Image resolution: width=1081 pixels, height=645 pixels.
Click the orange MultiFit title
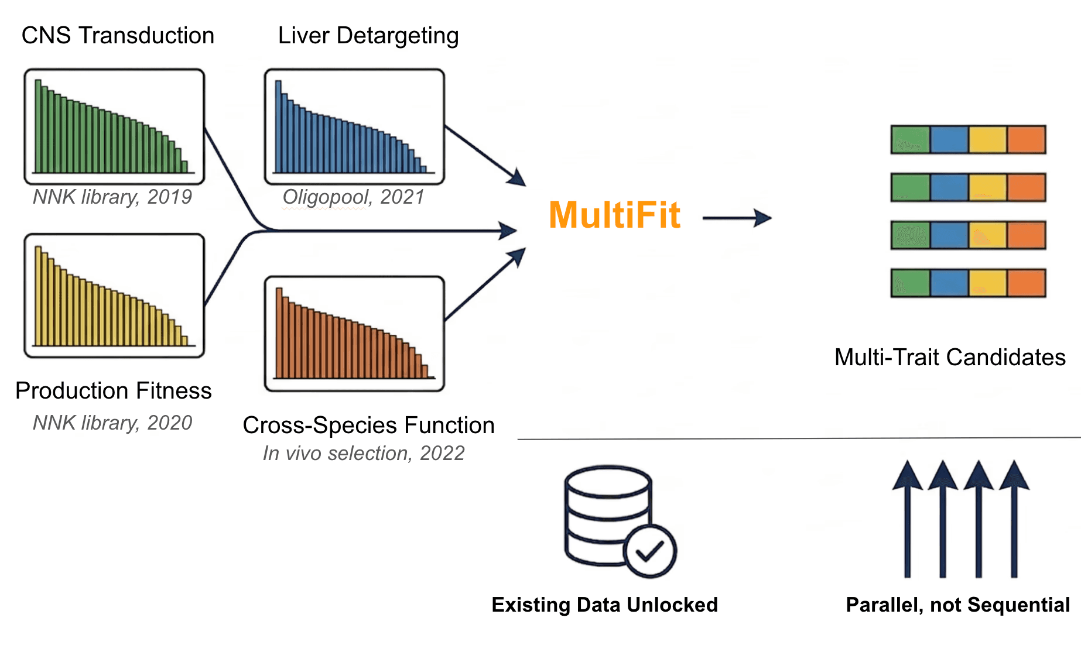[614, 215]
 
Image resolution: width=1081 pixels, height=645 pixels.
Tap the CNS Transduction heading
[118, 36]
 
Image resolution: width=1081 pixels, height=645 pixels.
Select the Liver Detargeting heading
[368, 36]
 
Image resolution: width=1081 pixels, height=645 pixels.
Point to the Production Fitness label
[113, 390]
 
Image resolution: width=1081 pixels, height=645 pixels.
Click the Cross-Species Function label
[368, 425]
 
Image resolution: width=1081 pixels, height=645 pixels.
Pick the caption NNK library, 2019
[112, 197]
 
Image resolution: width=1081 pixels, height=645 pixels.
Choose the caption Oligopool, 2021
[353, 197]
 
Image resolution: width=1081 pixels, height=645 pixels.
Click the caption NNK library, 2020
[112, 423]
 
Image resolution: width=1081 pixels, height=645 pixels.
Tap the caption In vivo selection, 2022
[363, 453]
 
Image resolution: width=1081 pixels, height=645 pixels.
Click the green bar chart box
[114, 126]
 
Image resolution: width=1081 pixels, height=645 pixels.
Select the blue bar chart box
[354, 126]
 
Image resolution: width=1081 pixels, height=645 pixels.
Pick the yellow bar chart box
[114, 296]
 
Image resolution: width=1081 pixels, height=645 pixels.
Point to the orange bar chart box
[354, 334]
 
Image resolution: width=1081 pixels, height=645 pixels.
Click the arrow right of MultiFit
[737, 218]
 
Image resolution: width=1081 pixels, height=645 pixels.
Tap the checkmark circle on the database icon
[649, 551]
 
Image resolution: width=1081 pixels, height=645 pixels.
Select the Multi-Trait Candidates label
[950, 357]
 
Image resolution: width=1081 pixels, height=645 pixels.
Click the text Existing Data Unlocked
[604, 605]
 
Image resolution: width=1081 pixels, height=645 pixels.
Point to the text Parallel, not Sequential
[958, 605]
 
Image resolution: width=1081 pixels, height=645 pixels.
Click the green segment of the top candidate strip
[910, 139]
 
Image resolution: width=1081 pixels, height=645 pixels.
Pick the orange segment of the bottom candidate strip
[1026, 283]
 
